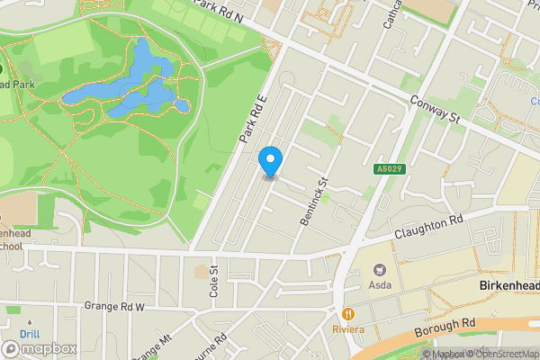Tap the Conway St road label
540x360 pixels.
(435, 112)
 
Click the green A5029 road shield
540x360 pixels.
(387, 168)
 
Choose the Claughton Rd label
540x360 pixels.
(428, 226)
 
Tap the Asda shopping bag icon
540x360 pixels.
(380, 269)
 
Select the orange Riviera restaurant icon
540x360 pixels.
(347, 313)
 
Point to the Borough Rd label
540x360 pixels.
(445, 328)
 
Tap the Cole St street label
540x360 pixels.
(214, 282)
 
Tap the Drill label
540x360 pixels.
(30, 335)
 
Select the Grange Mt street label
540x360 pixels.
(150, 346)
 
